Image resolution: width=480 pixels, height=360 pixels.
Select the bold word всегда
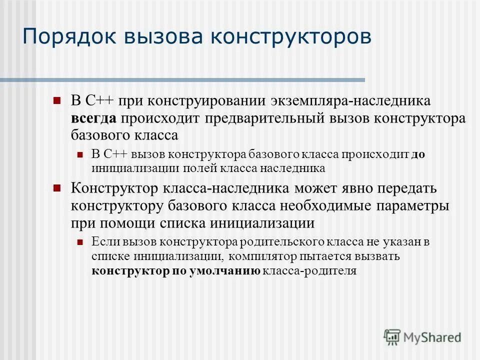coord(93,118)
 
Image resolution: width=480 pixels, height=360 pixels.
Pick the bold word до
coord(418,154)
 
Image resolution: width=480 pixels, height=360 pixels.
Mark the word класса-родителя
coord(309,271)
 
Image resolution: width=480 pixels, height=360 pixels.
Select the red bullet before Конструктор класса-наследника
coord(56,188)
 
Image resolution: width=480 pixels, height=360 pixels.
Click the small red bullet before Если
coord(80,242)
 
